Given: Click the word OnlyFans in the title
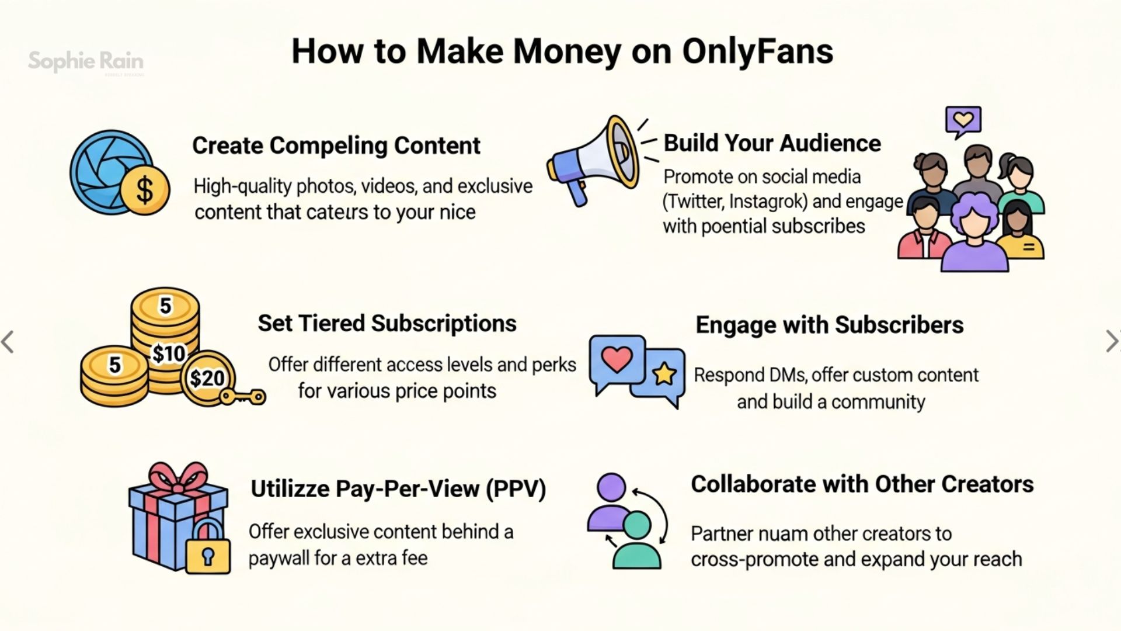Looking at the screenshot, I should tap(757, 51).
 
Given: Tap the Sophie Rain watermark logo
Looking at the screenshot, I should tap(86, 61).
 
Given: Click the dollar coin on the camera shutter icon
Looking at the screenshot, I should tap(144, 189).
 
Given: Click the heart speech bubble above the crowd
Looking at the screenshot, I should tap(963, 121).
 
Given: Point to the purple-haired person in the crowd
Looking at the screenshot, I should tap(974, 234).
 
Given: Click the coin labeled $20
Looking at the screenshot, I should tap(207, 378).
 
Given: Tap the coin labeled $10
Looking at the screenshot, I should tap(168, 353).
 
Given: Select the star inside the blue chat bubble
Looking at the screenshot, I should tap(664, 374).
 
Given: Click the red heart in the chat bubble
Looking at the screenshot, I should tap(617, 359).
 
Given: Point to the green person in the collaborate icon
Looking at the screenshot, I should tap(636, 540).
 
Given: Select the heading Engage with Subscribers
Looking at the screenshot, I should tap(829, 325).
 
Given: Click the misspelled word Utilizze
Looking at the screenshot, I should tap(290, 488).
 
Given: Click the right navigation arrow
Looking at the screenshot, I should tap(1110, 341).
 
